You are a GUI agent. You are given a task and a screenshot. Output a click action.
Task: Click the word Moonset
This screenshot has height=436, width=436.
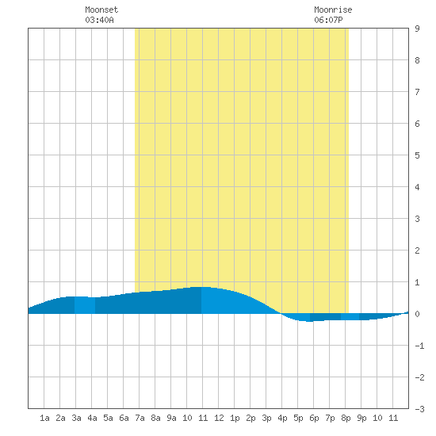[101, 10]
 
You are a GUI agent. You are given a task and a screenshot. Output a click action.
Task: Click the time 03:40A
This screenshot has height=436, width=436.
[99, 20]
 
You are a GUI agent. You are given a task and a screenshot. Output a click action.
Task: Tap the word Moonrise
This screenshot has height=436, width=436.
[333, 10]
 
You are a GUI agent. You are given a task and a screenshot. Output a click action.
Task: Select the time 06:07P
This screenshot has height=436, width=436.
[328, 20]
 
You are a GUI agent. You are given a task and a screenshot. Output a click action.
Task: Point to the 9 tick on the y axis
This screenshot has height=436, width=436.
[417, 29]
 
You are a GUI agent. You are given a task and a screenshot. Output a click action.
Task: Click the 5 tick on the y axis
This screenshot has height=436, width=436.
[417, 155]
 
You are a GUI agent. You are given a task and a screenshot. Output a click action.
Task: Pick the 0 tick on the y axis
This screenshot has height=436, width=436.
[417, 314]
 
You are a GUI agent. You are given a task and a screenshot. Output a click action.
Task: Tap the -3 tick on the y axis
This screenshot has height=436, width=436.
[419, 409]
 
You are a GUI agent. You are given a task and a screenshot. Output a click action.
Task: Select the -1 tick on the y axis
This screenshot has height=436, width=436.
[419, 346]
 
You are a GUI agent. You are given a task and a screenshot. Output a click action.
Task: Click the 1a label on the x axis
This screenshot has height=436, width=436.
[44, 418]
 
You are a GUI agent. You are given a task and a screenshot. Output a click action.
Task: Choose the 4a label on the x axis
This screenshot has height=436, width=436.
[92, 418]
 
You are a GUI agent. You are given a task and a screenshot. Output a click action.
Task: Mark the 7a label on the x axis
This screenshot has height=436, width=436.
[140, 418]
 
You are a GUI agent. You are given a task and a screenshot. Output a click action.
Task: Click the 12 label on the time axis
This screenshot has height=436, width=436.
[219, 418]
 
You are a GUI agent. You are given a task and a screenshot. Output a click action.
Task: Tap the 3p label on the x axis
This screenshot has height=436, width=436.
[266, 418]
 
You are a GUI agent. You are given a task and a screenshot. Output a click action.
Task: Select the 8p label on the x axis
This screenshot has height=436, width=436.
[346, 418]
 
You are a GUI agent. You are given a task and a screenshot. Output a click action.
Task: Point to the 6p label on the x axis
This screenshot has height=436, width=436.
[314, 418]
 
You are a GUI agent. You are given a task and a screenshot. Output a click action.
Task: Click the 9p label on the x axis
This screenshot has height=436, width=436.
[361, 418]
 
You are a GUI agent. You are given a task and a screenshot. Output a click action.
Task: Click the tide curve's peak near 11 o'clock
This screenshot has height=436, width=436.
[201, 287]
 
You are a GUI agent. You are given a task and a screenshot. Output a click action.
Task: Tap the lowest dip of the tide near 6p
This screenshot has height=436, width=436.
[308, 321]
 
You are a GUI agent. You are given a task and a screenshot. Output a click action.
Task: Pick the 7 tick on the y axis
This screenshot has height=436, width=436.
[417, 92]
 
